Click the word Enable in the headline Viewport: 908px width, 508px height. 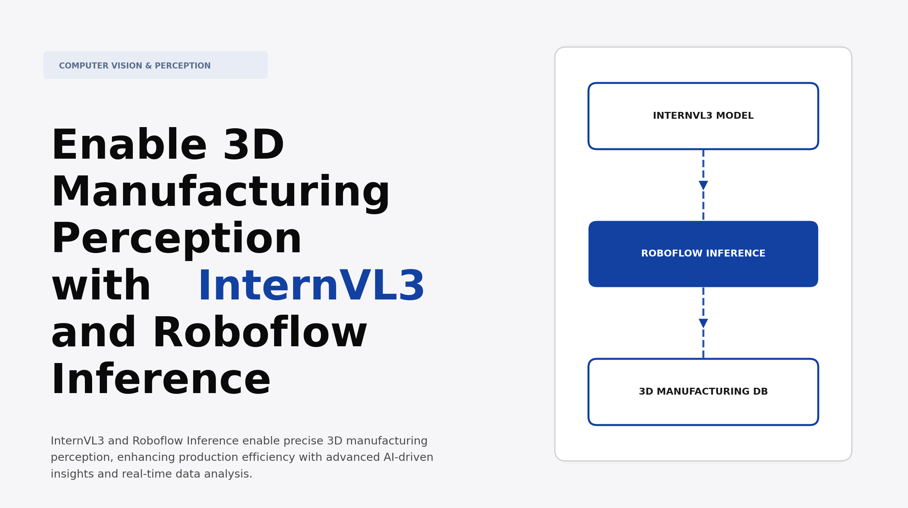pos(129,146)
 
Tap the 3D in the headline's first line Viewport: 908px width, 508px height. pos(254,146)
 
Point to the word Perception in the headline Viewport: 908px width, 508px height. pos(177,239)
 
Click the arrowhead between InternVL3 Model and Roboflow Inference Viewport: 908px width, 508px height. pos(703,185)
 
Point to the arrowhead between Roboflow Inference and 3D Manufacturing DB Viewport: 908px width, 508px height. pos(703,323)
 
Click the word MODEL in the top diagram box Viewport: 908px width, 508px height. pos(737,116)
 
